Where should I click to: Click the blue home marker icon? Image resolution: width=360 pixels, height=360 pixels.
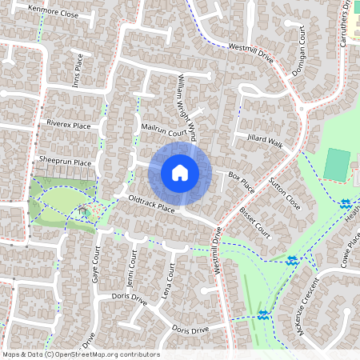click(x=180, y=173)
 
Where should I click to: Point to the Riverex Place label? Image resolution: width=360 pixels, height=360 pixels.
click(x=68, y=124)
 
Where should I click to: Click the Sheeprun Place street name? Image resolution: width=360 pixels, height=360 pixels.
click(x=66, y=162)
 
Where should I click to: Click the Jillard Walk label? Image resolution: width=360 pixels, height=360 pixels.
click(x=265, y=142)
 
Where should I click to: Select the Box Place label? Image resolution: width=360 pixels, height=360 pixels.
click(x=241, y=181)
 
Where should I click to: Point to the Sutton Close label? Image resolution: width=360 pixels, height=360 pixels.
click(x=285, y=193)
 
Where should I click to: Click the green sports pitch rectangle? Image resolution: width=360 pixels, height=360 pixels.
click(x=337, y=165)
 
